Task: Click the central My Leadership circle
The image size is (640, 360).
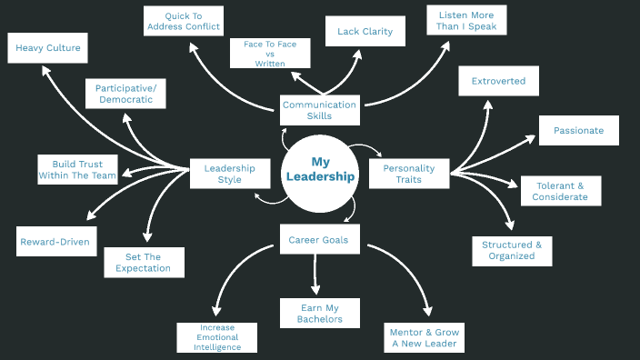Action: (319, 170)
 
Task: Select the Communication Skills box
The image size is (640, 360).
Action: (319, 110)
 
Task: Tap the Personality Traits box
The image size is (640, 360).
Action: (408, 173)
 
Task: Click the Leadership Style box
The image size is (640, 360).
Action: (229, 173)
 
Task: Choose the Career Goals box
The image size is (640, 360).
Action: (318, 240)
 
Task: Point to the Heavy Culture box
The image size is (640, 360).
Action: (48, 48)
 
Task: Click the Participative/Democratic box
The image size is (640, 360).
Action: (125, 94)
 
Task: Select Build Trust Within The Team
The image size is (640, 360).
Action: (77, 170)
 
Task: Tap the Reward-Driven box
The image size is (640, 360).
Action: (57, 242)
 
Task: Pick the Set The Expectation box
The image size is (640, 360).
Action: (144, 262)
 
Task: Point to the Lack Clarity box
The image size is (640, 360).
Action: (365, 32)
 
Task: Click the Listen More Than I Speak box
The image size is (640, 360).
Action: (466, 20)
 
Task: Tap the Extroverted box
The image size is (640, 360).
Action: (498, 81)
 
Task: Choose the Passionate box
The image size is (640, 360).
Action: (578, 130)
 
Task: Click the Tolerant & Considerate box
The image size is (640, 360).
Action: (560, 191)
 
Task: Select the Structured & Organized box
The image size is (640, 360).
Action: (512, 250)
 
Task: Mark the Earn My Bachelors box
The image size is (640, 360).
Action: (319, 313)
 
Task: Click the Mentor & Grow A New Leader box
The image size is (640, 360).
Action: (425, 338)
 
